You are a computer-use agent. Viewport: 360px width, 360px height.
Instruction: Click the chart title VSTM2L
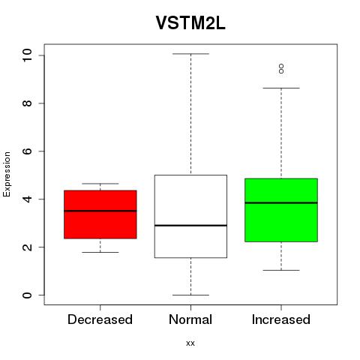click(x=190, y=23)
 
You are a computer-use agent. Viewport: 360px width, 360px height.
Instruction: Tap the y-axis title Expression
click(x=7, y=174)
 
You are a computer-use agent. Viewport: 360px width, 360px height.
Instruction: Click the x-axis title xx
click(x=190, y=343)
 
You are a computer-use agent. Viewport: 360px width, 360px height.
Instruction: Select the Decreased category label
click(x=100, y=319)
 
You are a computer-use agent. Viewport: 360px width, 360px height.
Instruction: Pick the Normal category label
click(x=190, y=319)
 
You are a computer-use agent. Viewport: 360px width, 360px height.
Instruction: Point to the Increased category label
click(x=281, y=319)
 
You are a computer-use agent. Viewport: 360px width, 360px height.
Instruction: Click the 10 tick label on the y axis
click(x=27, y=55)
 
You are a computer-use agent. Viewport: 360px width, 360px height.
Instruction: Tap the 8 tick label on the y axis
click(x=27, y=103)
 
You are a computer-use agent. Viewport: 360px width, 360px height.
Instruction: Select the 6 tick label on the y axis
click(x=27, y=151)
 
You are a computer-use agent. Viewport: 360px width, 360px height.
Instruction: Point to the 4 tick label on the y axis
click(x=27, y=199)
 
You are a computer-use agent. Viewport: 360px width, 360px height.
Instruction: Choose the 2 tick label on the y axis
click(x=27, y=247)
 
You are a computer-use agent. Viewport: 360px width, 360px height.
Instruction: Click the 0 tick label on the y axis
click(x=27, y=295)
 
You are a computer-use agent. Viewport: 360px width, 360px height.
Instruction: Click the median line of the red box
click(x=100, y=211)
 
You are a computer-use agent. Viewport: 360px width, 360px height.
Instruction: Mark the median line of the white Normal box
click(x=190, y=226)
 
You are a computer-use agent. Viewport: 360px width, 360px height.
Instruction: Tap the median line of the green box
click(x=281, y=202)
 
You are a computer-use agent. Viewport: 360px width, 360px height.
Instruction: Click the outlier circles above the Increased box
click(x=281, y=69)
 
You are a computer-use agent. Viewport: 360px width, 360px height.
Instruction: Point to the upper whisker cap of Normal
click(x=190, y=54)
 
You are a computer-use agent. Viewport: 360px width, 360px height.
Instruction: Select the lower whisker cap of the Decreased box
click(x=100, y=252)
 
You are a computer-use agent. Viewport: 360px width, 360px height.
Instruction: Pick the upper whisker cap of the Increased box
click(x=281, y=88)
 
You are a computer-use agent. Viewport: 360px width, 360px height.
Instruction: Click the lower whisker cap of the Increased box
click(x=281, y=270)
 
